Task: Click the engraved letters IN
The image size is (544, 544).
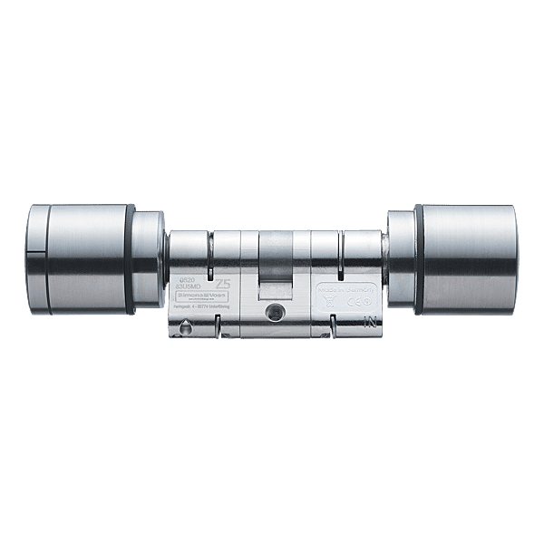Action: (369, 320)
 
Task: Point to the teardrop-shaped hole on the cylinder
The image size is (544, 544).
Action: (185, 329)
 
